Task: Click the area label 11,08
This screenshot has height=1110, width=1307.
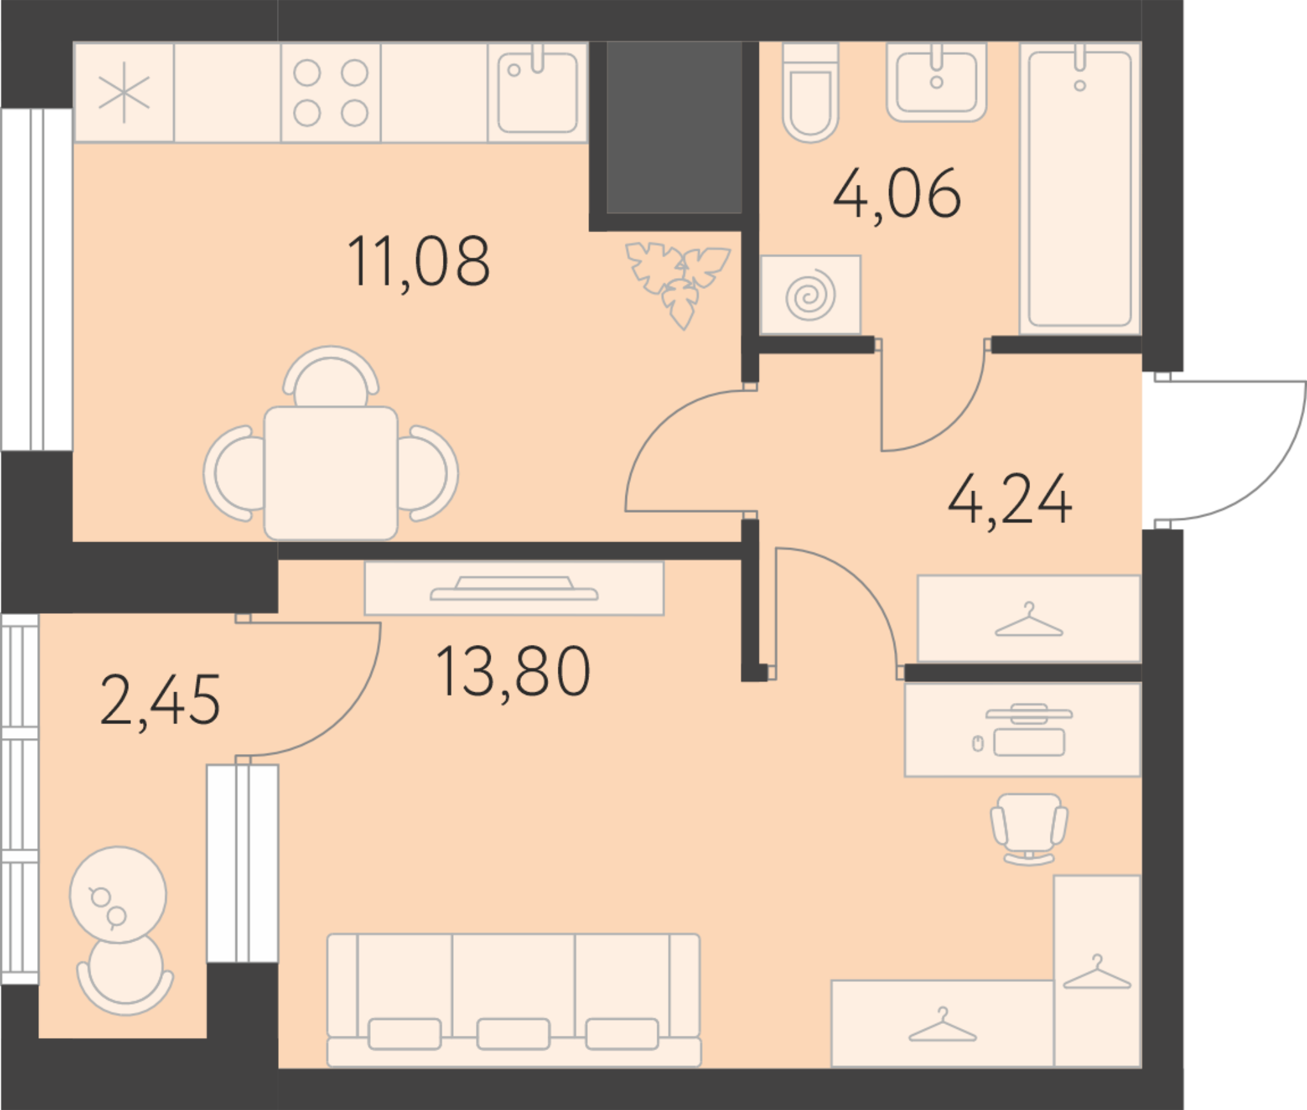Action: (419, 262)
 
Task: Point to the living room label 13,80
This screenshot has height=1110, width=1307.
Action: (513, 671)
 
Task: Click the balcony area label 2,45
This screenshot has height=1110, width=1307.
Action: (160, 701)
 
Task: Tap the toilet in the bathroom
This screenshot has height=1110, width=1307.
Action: (810, 93)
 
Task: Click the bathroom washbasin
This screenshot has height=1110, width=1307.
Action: (936, 82)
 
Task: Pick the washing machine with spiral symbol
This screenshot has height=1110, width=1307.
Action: (810, 295)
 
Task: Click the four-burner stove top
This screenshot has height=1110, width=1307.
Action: (331, 93)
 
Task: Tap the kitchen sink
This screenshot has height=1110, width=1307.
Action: (537, 93)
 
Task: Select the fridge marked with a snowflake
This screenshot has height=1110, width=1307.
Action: (124, 93)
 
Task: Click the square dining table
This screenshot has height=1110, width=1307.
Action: (331, 473)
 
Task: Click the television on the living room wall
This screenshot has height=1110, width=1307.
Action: (514, 589)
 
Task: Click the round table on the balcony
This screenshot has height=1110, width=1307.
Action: (118, 895)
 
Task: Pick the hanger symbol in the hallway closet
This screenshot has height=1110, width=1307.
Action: (1029, 619)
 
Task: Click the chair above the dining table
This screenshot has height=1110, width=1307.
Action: (331, 376)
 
